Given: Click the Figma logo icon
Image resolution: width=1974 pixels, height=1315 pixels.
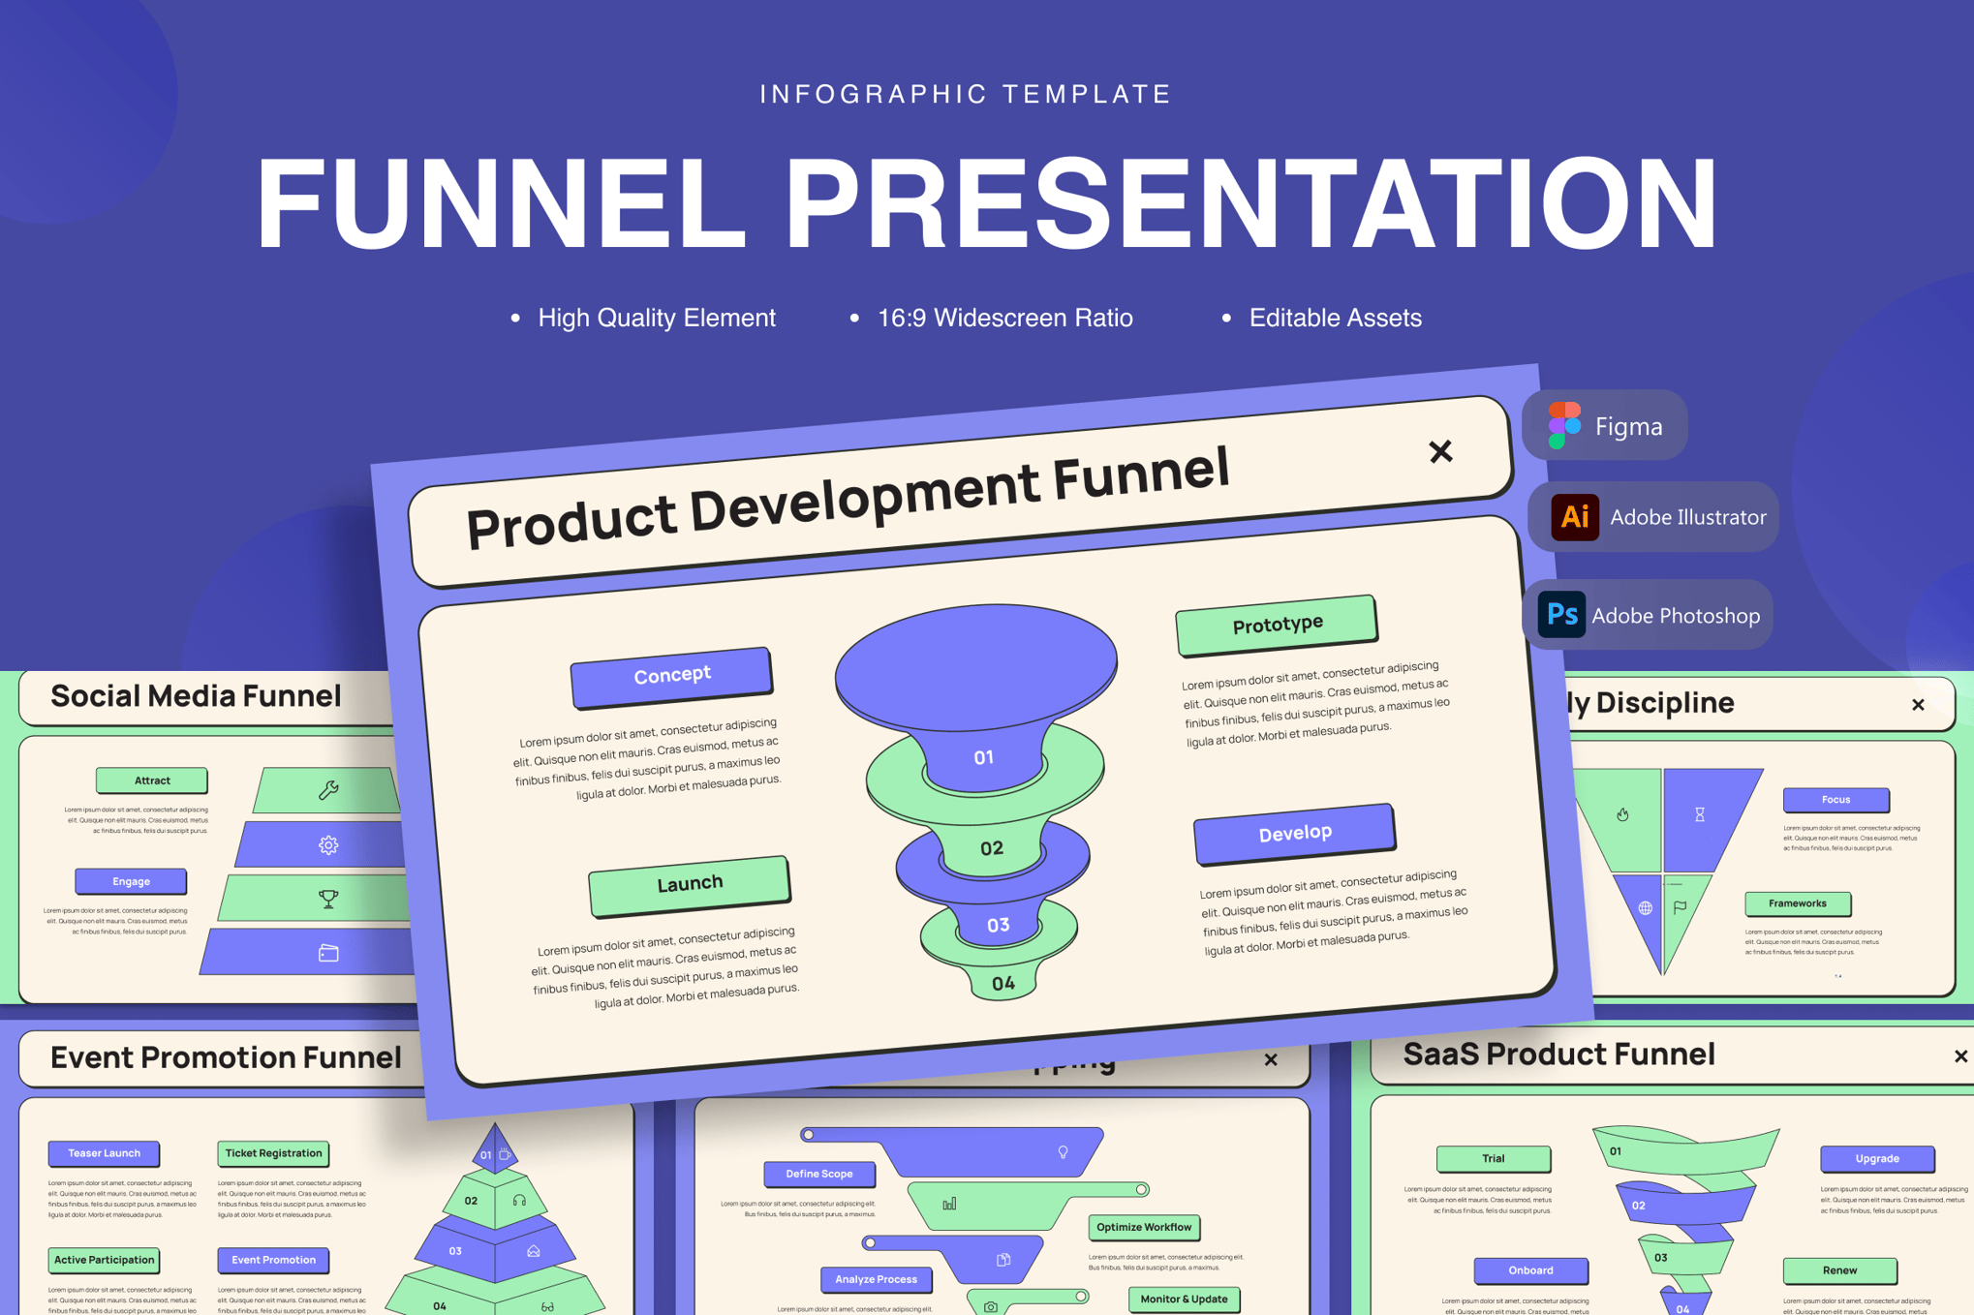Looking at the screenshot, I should [1563, 425].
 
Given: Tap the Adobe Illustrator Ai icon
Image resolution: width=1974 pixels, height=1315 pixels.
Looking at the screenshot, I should [1574, 517].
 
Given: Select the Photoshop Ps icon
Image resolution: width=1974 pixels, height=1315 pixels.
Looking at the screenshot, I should [1560, 615].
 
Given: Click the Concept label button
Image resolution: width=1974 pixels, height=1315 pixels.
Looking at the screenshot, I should [671, 675].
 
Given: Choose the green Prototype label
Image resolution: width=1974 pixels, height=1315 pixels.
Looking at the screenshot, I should [1277, 625].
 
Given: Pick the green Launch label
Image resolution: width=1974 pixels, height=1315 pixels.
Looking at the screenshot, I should [689, 884].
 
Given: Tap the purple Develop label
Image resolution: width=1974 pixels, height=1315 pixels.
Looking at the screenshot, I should [1294, 833].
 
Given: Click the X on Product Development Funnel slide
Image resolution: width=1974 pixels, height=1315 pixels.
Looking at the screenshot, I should [1440, 451].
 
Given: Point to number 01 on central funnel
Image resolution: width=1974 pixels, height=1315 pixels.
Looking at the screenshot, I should [983, 757].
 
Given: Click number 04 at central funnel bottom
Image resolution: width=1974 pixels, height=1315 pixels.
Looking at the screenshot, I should [1003, 984].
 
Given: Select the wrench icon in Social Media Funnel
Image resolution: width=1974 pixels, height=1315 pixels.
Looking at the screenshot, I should [328, 790].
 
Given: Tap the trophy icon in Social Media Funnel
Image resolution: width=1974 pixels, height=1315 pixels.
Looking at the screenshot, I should [328, 900].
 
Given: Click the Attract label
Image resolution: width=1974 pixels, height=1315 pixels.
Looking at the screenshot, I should [152, 780].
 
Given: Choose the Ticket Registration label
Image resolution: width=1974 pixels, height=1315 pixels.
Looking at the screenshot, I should [273, 1153].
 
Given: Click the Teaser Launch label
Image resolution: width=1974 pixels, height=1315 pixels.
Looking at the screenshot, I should [104, 1153].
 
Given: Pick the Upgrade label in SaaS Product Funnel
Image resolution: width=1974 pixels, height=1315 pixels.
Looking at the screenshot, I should [1876, 1158].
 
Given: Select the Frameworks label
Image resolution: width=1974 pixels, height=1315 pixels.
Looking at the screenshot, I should [1797, 903].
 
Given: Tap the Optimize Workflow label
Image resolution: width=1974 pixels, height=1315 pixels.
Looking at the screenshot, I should [1143, 1227].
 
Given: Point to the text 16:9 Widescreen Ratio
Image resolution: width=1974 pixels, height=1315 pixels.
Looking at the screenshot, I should [1004, 318].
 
